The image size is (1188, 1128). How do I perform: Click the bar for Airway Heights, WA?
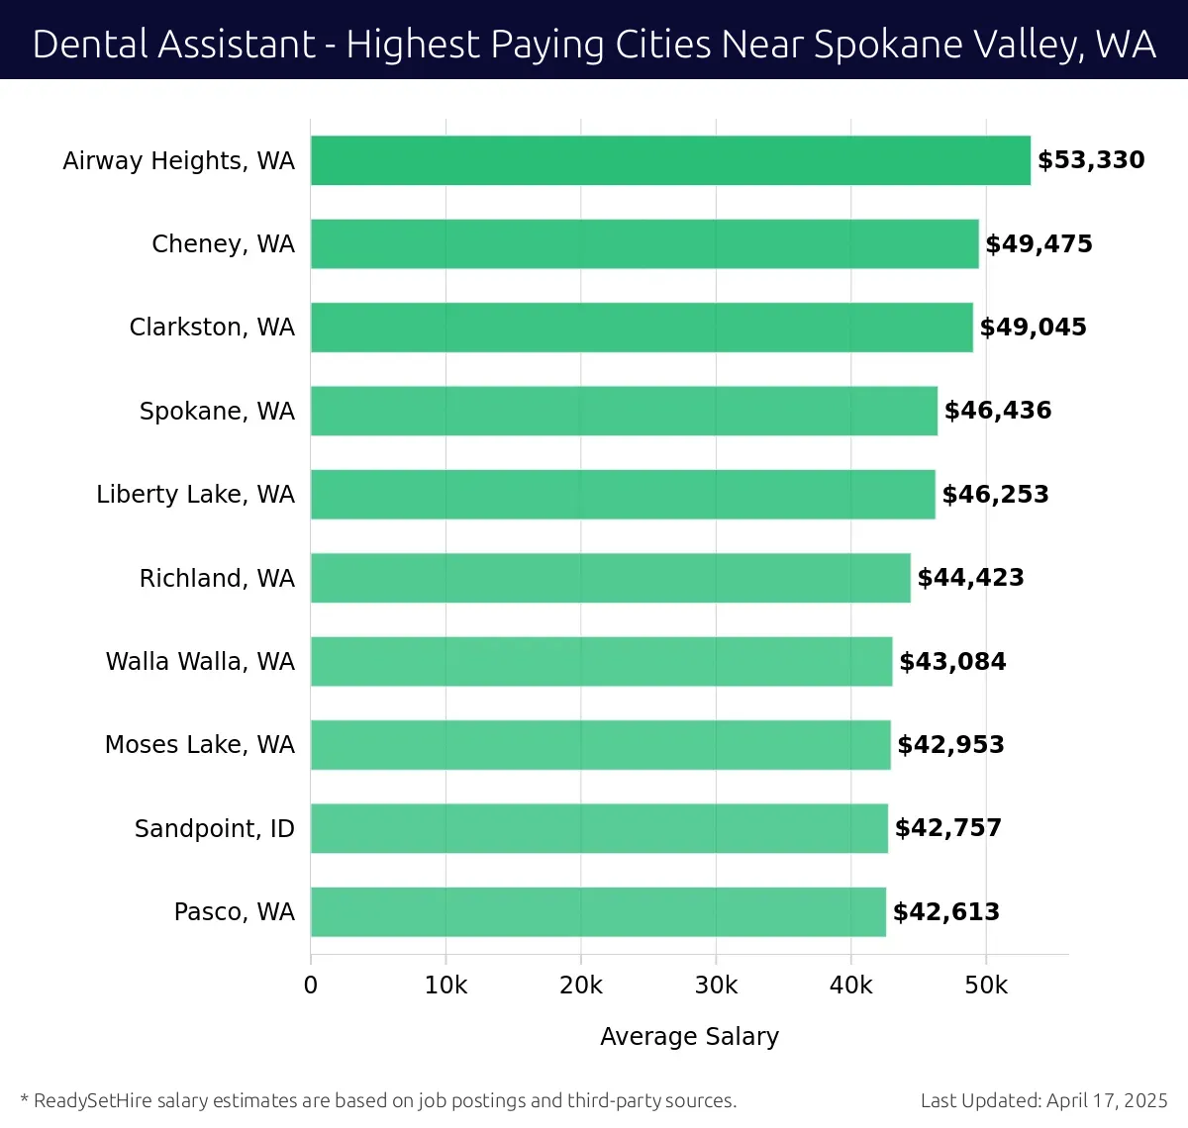pos(670,160)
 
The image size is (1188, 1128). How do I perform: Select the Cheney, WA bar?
pos(644,244)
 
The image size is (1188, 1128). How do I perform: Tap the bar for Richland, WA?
pos(610,578)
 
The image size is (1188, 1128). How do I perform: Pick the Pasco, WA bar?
pos(598,912)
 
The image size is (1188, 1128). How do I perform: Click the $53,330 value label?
pos(1091,160)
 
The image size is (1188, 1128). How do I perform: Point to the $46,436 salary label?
pos(998,411)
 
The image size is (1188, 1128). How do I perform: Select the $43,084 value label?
pos(952,661)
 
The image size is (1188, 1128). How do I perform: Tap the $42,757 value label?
pos(948,828)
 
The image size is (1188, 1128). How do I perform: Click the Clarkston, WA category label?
pos(212,328)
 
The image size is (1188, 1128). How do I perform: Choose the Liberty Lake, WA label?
pos(195,495)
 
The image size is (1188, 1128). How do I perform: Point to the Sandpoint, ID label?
pos(215,828)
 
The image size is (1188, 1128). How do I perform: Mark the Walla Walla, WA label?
pos(200,661)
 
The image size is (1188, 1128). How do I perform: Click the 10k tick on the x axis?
pos(445,986)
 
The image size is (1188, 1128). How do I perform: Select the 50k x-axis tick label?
pos(986,986)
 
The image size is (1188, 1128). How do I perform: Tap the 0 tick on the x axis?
pos(311,986)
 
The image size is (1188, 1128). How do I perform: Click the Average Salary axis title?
pos(689,1036)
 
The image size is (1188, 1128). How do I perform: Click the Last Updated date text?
pos(1043,1100)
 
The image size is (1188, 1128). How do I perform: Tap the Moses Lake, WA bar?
pos(600,745)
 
